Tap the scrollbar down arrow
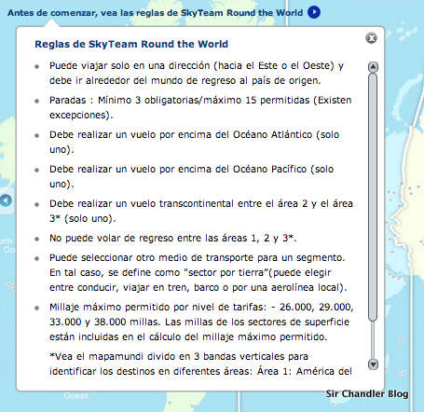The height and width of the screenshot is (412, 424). pyautogui.click(x=373, y=364)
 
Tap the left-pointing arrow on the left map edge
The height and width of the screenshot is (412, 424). pyautogui.click(x=6, y=199)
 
